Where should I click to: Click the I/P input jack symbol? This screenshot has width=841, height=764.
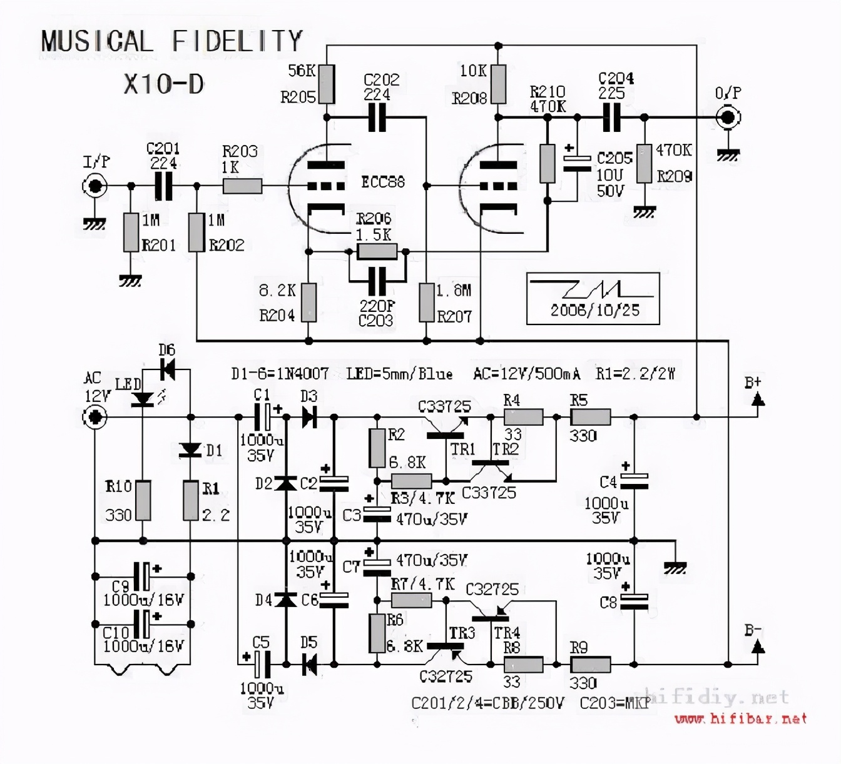pyautogui.click(x=95, y=186)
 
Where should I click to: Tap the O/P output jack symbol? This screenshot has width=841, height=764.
pyautogui.click(x=728, y=117)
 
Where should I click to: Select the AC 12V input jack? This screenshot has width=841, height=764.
pyautogui.click(x=95, y=416)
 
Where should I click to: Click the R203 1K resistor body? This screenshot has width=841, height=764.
pyautogui.click(x=242, y=186)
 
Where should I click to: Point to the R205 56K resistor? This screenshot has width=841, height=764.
pyautogui.click(x=326, y=84)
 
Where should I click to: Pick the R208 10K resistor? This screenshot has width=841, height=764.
pyautogui.click(x=498, y=84)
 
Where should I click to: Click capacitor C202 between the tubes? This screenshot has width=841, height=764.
pyautogui.click(x=377, y=117)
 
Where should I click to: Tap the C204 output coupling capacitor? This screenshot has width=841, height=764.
pyautogui.click(x=611, y=117)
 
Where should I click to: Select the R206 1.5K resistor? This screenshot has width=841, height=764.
pyautogui.click(x=377, y=251)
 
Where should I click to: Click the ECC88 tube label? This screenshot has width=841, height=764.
pyautogui.click(x=383, y=182)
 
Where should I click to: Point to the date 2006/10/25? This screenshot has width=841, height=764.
pyautogui.click(x=594, y=310)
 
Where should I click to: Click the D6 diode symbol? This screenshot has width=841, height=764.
pyautogui.click(x=167, y=369)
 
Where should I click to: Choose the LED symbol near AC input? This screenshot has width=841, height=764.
pyautogui.click(x=143, y=399)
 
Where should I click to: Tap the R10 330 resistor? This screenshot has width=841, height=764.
pyautogui.click(x=143, y=500)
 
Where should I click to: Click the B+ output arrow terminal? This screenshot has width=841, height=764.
pyautogui.click(x=758, y=398)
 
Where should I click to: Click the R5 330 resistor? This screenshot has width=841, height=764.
pyautogui.click(x=590, y=416)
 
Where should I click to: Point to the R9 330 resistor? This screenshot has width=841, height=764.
pyautogui.click(x=590, y=664)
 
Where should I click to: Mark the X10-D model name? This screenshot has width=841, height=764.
pyautogui.click(x=164, y=84)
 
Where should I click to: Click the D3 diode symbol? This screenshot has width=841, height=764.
pyautogui.click(x=309, y=416)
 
